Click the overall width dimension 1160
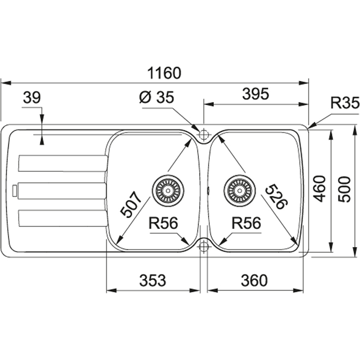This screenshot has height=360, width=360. click(x=165, y=73)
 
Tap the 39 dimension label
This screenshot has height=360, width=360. click(x=31, y=98)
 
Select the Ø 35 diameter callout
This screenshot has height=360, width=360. click(x=156, y=98)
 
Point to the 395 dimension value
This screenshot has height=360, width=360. click(x=255, y=95)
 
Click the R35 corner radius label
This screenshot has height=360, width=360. click(x=345, y=103)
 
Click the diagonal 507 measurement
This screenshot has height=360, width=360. click(x=129, y=204)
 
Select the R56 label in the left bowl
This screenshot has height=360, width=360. click(x=163, y=224)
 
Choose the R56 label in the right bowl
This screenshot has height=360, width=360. click(x=247, y=224)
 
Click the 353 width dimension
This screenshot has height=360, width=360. click(x=153, y=280)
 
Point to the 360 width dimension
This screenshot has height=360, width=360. click(x=254, y=280)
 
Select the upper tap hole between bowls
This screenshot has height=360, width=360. click(x=204, y=135)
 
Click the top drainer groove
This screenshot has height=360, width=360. click(x=62, y=163)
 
